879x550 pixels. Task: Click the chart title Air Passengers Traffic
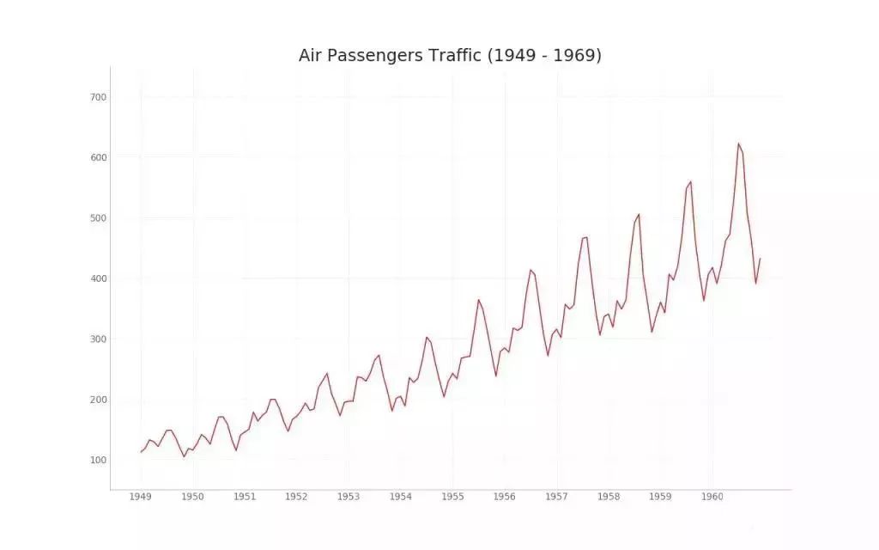click(x=450, y=56)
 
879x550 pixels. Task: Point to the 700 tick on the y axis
click(x=98, y=97)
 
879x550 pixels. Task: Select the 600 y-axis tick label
click(x=98, y=157)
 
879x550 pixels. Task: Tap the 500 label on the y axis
click(x=98, y=218)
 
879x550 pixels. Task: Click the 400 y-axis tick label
click(x=98, y=278)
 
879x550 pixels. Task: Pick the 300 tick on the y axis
click(x=98, y=339)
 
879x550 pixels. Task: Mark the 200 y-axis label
click(x=98, y=400)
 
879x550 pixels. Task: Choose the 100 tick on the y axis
click(x=98, y=460)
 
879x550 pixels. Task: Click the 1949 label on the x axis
click(x=141, y=497)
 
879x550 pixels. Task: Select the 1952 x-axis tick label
click(x=296, y=497)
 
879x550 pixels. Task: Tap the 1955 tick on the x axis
click(x=452, y=497)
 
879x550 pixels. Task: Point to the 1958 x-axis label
click(x=609, y=497)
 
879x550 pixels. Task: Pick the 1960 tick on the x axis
click(x=712, y=497)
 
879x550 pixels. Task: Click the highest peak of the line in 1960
click(x=738, y=144)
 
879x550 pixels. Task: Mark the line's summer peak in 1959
click(x=690, y=181)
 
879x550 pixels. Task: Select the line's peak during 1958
click(x=639, y=214)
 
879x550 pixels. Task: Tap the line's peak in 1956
click(x=530, y=270)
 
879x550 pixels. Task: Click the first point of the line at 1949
click(x=141, y=452)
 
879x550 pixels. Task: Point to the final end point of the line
click(x=760, y=259)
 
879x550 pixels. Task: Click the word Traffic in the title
click(x=457, y=56)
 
